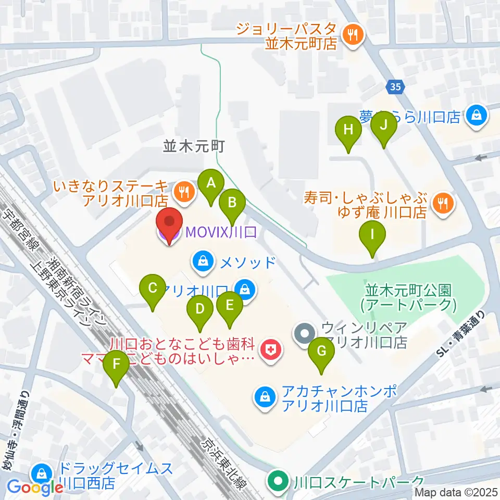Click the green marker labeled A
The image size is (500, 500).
[x=211, y=183]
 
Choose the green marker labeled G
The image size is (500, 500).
[x=321, y=352]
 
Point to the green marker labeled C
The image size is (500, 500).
[x=153, y=288]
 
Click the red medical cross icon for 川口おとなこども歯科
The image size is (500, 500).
[x=270, y=351]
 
